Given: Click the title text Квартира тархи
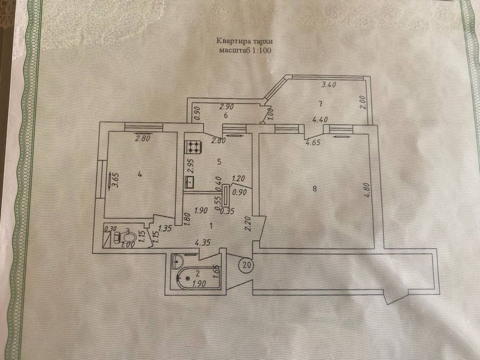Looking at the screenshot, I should [x=241, y=42].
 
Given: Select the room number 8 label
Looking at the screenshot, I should [x=314, y=189].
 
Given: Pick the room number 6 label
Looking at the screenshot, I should [x=225, y=115].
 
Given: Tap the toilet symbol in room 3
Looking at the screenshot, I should [x=128, y=238].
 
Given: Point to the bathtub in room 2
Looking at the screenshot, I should [x=195, y=278].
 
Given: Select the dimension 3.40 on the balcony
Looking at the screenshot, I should [x=329, y=86].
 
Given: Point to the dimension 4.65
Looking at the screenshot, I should [x=314, y=143].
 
